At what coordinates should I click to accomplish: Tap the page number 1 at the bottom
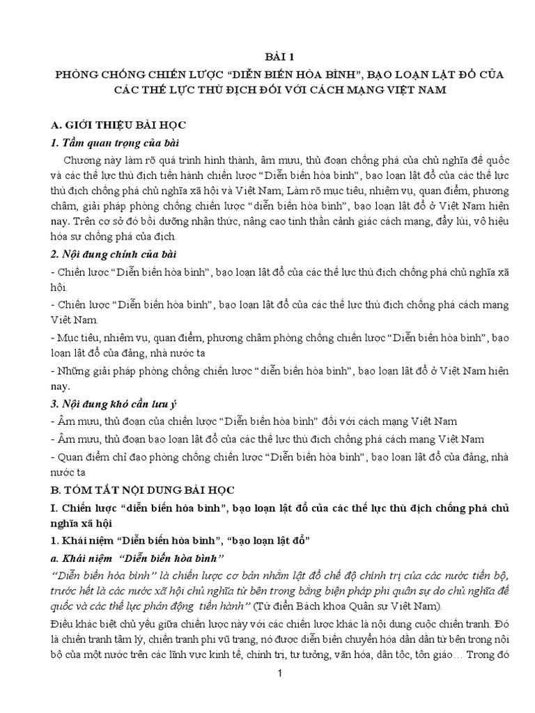pyautogui.click(x=279, y=674)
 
